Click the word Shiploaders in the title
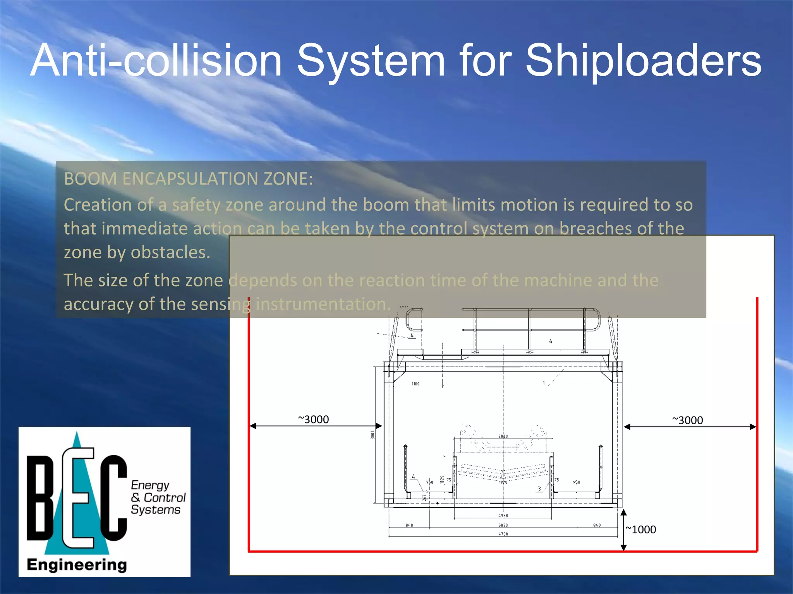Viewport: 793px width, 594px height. (x=643, y=61)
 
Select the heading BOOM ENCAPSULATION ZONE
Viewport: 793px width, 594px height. (x=188, y=179)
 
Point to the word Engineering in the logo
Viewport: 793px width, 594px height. (x=77, y=565)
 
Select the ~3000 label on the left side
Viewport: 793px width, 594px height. (x=313, y=420)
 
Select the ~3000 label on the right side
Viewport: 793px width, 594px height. (x=687, y=420)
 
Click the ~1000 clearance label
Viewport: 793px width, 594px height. (x=641, y=530)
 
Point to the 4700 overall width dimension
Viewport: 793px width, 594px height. (x=503, y=534)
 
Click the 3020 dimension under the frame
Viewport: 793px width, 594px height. (x=503, y=525)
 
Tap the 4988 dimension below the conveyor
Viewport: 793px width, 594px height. (x=503, y=515)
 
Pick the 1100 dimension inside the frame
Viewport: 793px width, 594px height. (x=415, y=384)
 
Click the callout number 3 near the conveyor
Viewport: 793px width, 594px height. (x=539, y=489)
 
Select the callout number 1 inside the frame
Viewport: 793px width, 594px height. (x=544, y=383)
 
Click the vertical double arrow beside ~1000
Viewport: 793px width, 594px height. (x=623, y=530)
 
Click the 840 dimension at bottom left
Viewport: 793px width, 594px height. (x=409, y=525)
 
